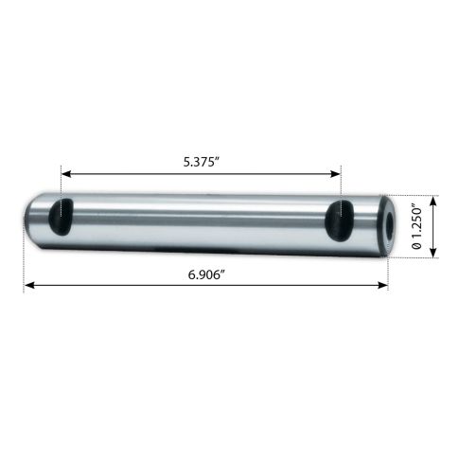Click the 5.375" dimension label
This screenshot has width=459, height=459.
tap(202, 162)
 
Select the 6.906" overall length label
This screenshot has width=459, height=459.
tap(206, 275)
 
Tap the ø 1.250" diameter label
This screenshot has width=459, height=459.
tap(416, 227)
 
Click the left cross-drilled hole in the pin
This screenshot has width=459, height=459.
tap(62, 217)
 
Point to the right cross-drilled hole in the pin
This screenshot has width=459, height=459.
tap(339, 221)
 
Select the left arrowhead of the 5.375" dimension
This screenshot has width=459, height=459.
tap(66, 174)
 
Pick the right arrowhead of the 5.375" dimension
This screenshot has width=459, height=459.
tap(335, 174)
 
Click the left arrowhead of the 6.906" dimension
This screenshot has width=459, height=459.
tap(29, 286)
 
